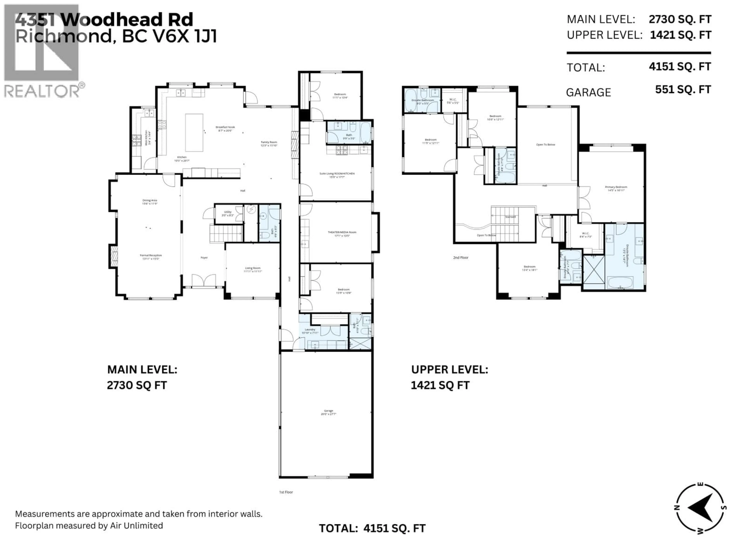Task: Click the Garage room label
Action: [x=328, y=411]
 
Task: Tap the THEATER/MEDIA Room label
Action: [x=342, y=232]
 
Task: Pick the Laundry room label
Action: [x=310, y=330]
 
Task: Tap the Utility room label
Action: [x=228, y=212]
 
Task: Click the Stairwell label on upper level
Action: [x=510, y=217]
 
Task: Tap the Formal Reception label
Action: [x=151, y=255]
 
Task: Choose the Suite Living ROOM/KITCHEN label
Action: [x=337, y=174]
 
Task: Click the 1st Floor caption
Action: [x=286, y=492]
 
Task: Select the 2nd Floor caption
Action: [x=460, y=257]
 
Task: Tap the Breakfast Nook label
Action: [x=225, y=127]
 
